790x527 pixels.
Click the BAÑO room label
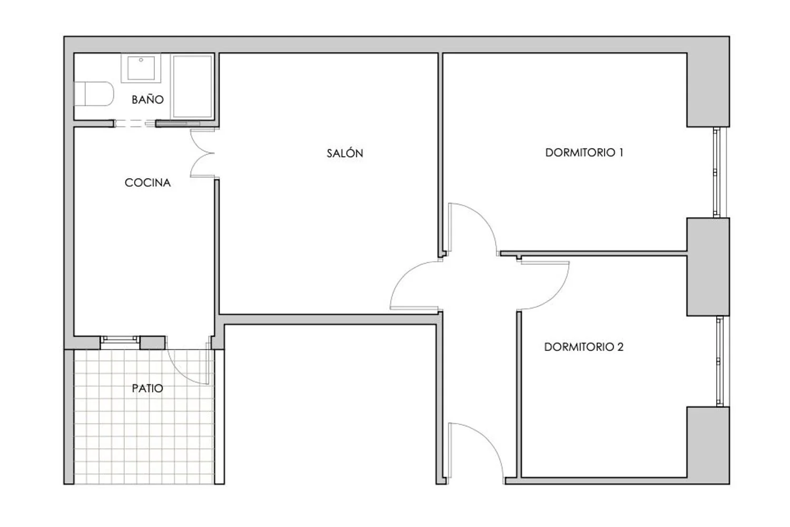click(147, 100)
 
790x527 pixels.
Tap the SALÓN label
click(344, 153)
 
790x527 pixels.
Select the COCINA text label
click(147, 182)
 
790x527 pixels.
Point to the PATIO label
click(147, 388)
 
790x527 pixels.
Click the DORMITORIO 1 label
click(584, 152)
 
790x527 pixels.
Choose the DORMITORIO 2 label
click(584, 347)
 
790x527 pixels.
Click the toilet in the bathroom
click(93, 94)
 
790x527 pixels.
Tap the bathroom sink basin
click(141, 68)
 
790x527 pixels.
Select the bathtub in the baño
click(192, 86)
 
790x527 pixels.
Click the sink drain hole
click(141, 60)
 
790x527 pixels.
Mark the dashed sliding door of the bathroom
click(135, 123)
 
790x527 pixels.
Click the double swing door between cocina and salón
click(202, 153)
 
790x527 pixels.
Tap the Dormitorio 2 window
click(719, 361)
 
